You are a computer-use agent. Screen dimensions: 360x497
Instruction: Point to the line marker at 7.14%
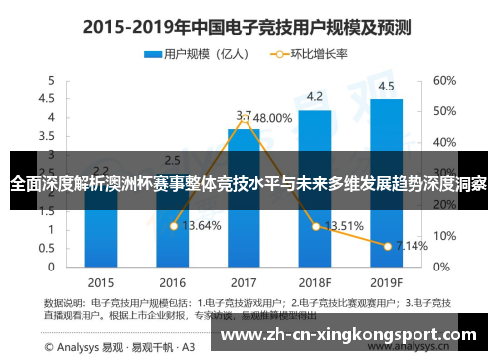(387, 245)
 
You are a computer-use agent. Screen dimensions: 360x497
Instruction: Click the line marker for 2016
(174, 226)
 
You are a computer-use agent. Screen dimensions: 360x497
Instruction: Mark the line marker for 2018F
(315, 226)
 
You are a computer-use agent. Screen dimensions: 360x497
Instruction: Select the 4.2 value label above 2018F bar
(315, 96)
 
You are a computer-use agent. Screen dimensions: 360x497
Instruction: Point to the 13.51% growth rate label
(344, 225)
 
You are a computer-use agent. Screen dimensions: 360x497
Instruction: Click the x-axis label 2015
(101, 279)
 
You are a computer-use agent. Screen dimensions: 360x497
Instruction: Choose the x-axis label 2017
(244, 279)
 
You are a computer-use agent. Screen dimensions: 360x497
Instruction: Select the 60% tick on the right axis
(444, 80)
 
